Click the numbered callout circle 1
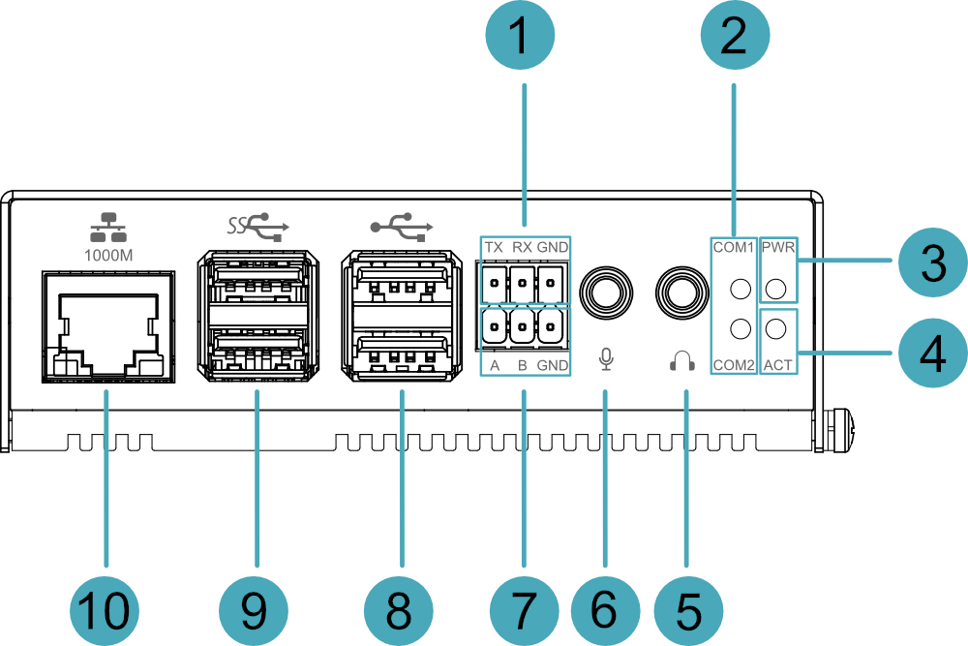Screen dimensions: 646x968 pos(520,37)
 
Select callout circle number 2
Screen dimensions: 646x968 pos(734,37)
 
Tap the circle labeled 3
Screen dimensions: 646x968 pos(931,262)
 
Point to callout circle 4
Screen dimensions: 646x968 pos(931,354)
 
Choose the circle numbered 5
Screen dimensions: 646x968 pos(687,610)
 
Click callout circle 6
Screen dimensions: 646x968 pos(604,610)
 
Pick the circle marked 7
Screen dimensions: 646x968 pos(524,610)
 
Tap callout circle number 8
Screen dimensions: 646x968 pos(399,610)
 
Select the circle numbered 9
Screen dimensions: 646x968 pos(254,610)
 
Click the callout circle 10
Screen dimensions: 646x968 pos(105,610)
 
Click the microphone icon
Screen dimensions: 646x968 pos(606,359)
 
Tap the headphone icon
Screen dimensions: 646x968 pos(682,361)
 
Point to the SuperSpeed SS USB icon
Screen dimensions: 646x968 pos(258,227)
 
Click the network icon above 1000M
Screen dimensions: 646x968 pos(108,228)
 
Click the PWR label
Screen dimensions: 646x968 pos(778,248)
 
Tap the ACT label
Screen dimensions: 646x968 pos(778,365)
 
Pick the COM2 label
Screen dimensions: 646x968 pos(733,365)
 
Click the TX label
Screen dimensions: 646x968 pos(494,248)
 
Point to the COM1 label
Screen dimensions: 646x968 pos(733,248)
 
